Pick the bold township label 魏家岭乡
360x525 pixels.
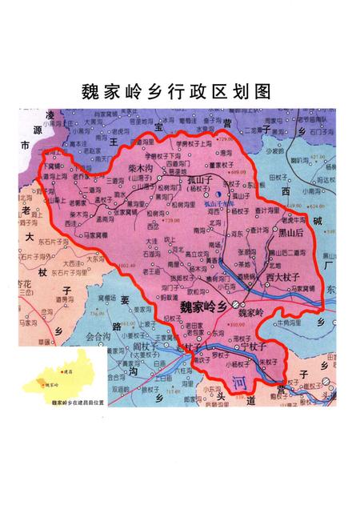pyautogui.click(x=202, y=306)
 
